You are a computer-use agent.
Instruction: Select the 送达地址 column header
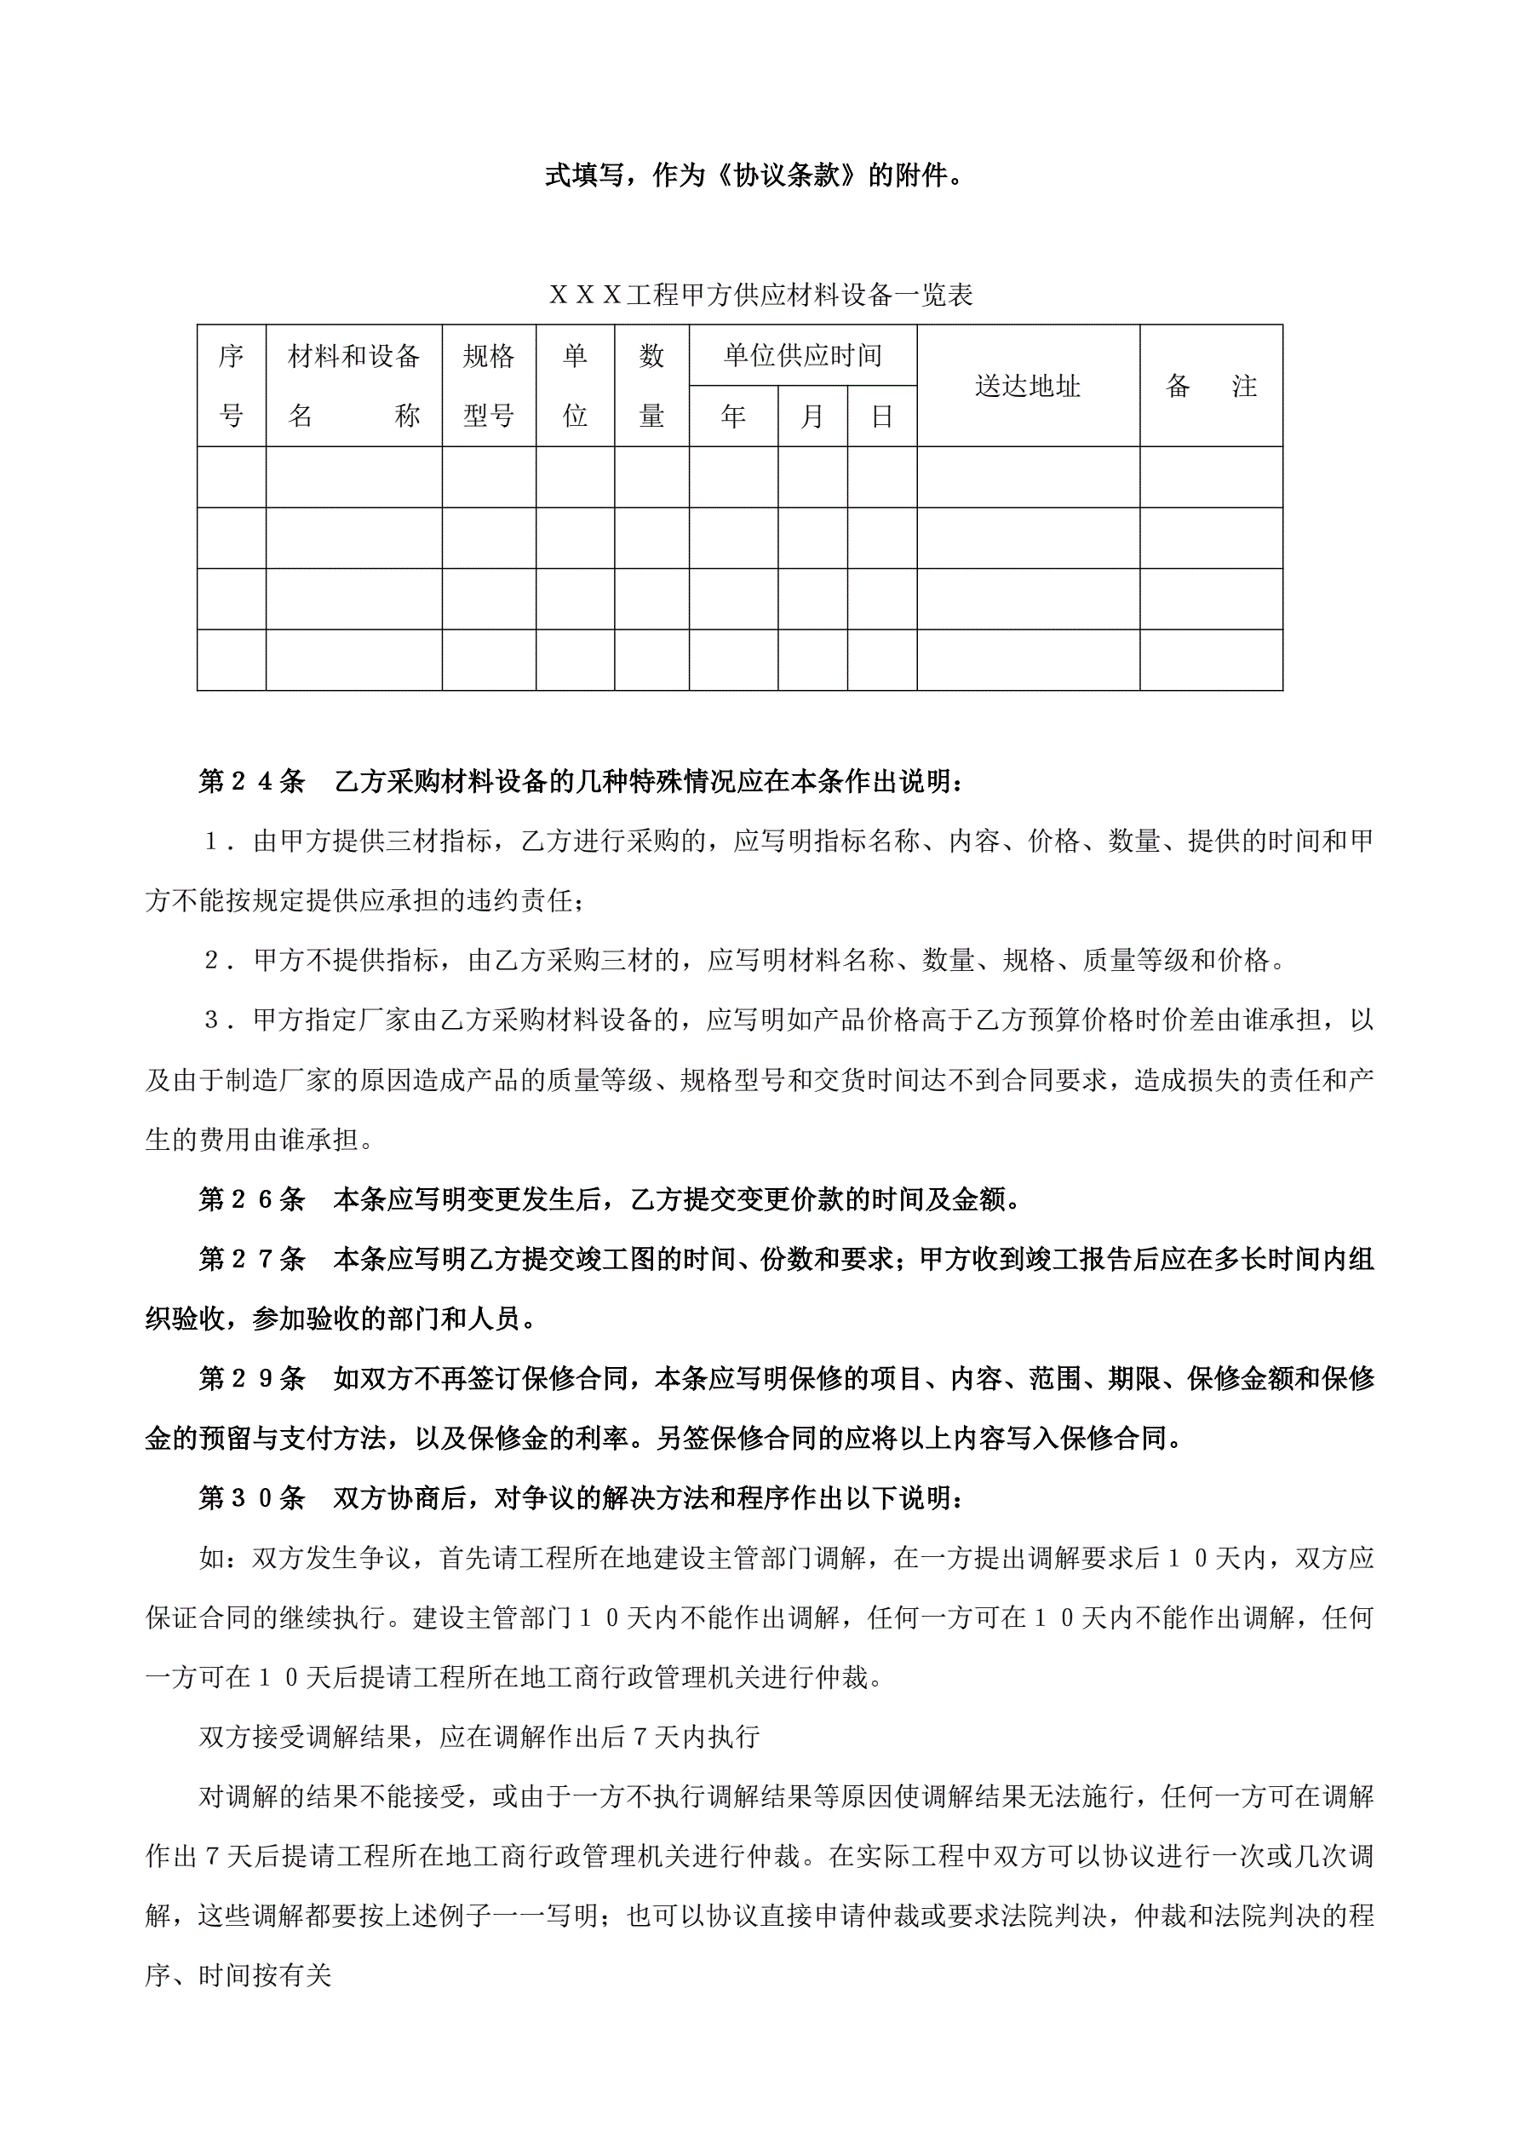1028,386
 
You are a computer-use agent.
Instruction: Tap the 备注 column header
1210,386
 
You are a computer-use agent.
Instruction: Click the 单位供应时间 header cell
802,356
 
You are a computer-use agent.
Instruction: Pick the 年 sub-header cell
733,417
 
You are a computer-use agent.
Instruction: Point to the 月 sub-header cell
812,417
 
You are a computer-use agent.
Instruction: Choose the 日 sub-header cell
881,417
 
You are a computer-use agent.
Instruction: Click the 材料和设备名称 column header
353,386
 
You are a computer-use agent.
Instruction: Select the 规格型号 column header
489,386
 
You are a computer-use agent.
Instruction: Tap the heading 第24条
252,782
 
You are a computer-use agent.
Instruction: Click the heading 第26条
252,1199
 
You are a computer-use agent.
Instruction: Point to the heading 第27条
252,1259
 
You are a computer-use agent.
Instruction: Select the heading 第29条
252,1378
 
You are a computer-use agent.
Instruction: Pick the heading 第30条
252,1497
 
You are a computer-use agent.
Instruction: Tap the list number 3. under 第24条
218,1020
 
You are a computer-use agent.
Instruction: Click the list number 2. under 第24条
218,960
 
